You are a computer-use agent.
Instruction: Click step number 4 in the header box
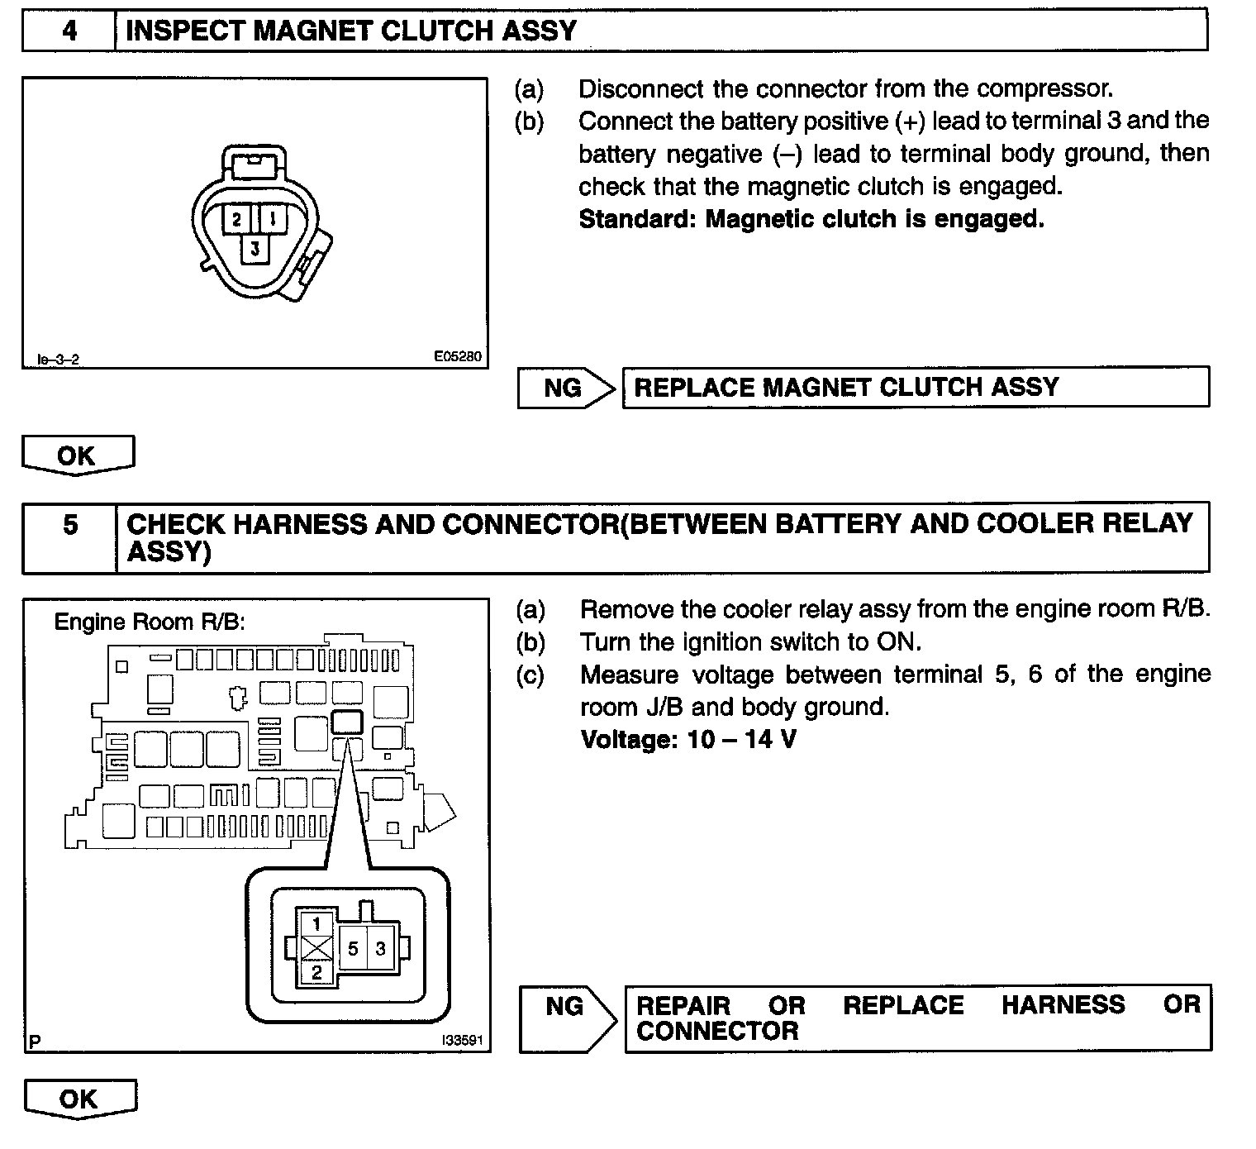(69, 31)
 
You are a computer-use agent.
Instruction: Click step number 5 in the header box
(70, 525)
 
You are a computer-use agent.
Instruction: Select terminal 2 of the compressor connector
(237, 219)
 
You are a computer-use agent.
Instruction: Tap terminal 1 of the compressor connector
(272, 219)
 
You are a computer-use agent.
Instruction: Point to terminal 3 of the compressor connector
(255, 248)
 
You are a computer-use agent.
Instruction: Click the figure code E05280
(458, 357)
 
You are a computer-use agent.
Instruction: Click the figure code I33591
(462, 1040)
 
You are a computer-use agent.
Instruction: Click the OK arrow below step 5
(79, 1099)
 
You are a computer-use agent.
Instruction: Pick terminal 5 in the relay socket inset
(353, 948)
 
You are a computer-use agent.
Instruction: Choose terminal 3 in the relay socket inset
(380, 948)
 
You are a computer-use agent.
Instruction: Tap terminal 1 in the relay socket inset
(316, 923)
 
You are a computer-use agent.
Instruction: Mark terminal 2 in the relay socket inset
(316, 972)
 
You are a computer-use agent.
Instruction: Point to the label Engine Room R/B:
(150, 622)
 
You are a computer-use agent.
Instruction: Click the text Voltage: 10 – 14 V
(688, 739)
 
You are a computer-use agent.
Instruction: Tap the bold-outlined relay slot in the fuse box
(346, 722)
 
